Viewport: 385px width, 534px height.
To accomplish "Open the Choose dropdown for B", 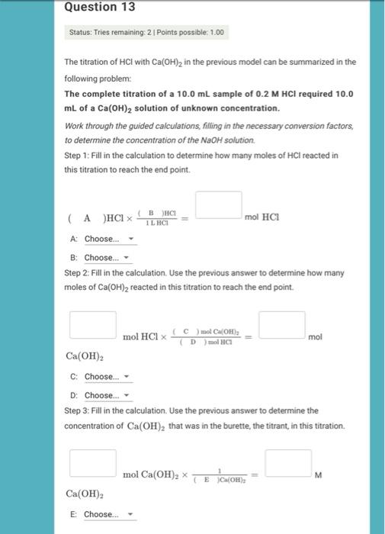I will [106, 258].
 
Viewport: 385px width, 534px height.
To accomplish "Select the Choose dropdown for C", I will [107, 377].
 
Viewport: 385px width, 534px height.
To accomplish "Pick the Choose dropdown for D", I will [107, 395].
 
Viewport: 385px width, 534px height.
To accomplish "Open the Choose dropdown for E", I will [107, 514].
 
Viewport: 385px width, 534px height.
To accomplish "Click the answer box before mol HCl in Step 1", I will [219, 204].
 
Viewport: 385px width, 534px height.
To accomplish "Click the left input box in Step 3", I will [93, 462].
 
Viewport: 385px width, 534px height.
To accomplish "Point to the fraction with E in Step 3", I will [219, 475].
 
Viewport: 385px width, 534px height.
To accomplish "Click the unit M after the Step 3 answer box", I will [318, 474].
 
